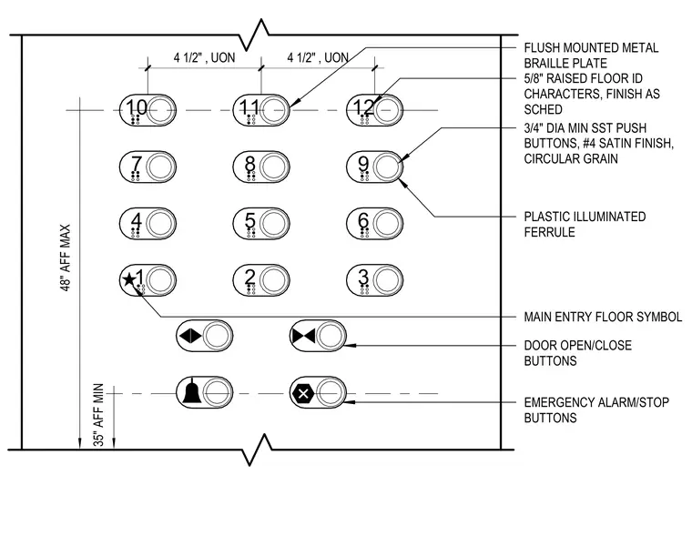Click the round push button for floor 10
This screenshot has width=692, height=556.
[161, 110]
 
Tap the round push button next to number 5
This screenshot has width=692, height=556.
[274, 224]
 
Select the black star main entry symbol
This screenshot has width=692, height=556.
[129, 279]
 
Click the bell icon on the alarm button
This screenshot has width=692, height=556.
[192, 390]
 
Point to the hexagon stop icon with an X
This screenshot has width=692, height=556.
[303, 393]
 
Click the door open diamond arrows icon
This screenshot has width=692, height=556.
[190, 336]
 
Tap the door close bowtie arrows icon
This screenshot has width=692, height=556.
[303, 336]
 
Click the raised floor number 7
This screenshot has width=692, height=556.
[137, 164]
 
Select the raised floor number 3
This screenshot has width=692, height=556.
[363, 277]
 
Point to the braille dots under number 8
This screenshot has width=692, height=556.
[251, 177]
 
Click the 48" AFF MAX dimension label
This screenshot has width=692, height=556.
[66, 258]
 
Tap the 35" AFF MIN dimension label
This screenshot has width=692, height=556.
[99, 414]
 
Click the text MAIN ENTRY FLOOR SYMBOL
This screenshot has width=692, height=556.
[603, 317]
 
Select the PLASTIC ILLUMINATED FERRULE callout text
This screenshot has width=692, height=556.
[585, 225]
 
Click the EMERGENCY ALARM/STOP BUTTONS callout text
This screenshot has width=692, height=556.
[596, 410]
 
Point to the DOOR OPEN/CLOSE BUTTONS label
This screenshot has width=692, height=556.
[577, 353]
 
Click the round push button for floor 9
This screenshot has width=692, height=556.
[388, 167]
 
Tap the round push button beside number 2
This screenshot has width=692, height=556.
[274, 280]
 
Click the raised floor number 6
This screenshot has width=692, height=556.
[363, 220]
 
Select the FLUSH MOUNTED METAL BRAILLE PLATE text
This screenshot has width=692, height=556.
[591, 56]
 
